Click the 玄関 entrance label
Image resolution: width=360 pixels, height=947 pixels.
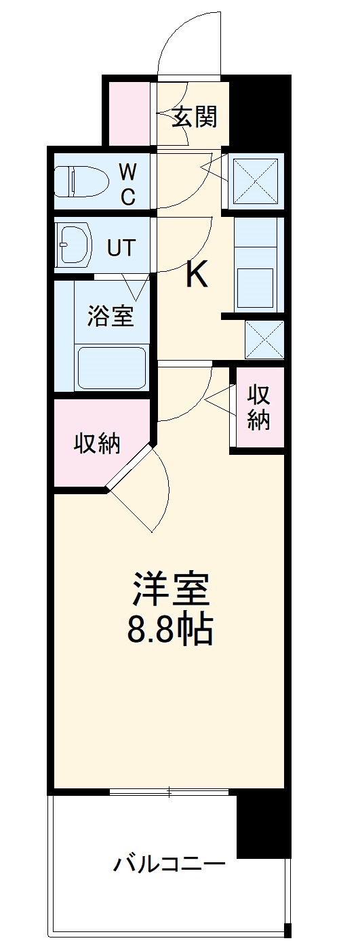[x=194, y=117]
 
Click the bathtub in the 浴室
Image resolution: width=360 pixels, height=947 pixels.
[x=113, y=367]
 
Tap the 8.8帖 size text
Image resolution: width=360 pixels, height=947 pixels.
[x=171, y=630]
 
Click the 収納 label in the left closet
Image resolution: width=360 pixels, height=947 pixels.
[x=97, y=443]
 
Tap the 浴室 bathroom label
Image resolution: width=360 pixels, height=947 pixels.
[x=110, y=316]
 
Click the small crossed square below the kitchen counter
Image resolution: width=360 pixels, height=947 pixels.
[x=263, y=339]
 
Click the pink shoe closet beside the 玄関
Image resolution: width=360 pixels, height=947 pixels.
[x=129, y=112]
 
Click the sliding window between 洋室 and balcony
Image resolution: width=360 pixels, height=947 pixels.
[x=170, y=790]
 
